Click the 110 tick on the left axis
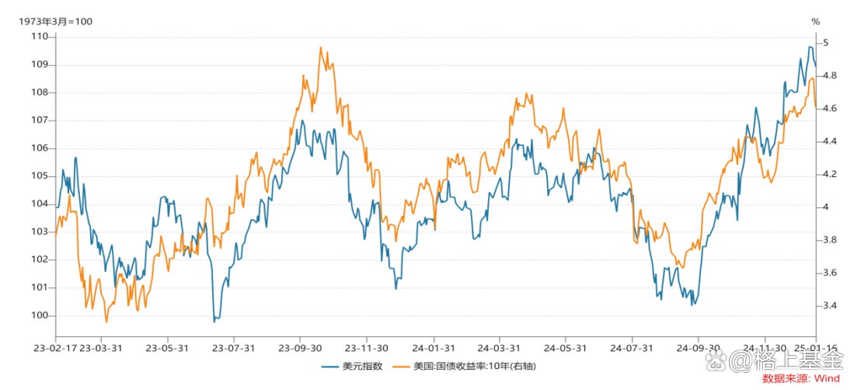click(38, 37)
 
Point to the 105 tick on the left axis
click(38, 176)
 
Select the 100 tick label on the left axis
click(38, 315)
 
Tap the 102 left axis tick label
click(38, 259)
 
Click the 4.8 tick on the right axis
click(831, 75)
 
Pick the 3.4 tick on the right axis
click(831, 305)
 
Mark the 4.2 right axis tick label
click(831, 174)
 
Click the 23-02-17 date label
click(56, 348)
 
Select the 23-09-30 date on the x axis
click(300, 348)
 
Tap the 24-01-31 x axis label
click(434, 348)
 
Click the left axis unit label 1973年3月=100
click(56, 21)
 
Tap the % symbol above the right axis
click(815, 21)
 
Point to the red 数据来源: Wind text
click(801, 378)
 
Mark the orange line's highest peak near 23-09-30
click(320, 47)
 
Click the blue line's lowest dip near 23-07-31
click(214, 320)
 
